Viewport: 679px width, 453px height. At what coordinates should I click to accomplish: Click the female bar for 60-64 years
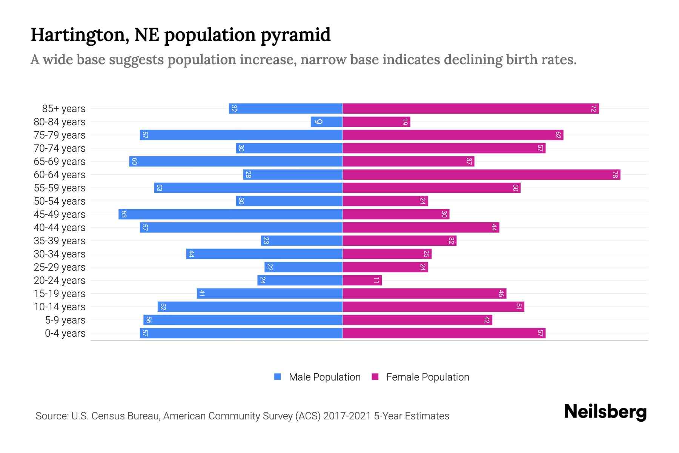click(481, 175)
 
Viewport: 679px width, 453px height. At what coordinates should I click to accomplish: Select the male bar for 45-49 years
click(230, 214)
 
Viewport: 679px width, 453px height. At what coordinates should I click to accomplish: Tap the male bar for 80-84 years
click(327, 122)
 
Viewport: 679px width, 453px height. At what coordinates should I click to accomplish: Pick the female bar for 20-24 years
click(362, 280)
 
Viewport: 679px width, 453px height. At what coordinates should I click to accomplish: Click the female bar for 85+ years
click(471, 109)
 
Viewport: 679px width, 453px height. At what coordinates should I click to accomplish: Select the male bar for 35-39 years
click(302, 241)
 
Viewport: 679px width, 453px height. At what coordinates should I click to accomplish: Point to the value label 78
click(615, 175)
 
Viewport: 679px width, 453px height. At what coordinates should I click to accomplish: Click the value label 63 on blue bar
click(124, 214)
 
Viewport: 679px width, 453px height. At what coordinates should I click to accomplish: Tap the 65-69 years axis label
click(60, 162)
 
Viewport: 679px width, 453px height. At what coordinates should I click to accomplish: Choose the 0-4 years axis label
click(65, 333)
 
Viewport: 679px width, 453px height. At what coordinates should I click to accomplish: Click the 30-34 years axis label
click(60, 254)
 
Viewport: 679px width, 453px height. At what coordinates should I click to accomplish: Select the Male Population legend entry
click(324, 377)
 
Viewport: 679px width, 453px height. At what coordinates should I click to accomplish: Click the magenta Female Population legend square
click(375, 377)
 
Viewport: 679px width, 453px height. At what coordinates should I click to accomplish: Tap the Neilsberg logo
click(605, 412)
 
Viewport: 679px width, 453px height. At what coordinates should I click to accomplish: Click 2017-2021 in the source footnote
click(347, 416)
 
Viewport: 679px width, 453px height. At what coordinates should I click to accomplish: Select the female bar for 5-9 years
click(417, 320)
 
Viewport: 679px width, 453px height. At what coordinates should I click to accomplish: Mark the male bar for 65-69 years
click(236, 162)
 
